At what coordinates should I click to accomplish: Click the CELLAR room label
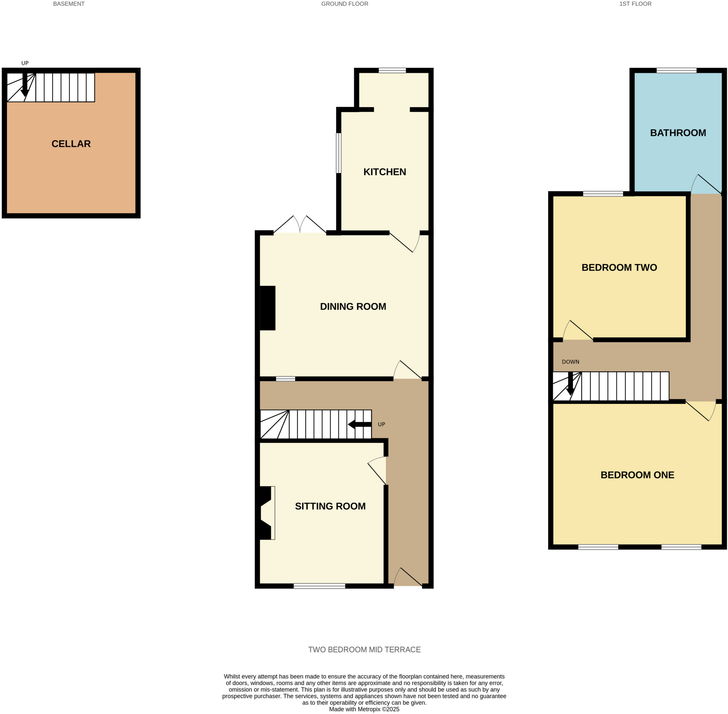71,144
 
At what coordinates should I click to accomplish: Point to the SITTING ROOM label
330,506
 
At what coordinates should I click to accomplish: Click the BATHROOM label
678,133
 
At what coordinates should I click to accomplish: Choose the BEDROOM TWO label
619,267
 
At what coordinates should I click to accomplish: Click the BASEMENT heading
69,4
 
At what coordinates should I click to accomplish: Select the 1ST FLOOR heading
635,4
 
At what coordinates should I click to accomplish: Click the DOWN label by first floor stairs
570,362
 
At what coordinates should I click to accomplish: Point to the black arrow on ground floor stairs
359,424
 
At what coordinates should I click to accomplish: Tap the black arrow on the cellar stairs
25,85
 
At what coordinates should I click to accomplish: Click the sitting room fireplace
267,513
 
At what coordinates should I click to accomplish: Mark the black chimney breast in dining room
268,308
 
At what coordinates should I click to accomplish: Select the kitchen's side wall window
338,153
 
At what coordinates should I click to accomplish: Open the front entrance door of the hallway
407,578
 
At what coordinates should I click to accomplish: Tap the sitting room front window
319,586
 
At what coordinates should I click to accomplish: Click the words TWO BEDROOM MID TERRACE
364,649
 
